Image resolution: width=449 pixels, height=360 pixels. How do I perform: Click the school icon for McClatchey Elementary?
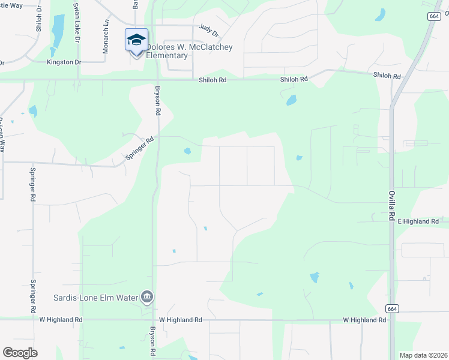(136, 40)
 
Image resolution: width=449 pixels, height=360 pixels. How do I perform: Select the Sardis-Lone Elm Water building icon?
(146, 296)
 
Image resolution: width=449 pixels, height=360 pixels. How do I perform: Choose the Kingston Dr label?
(64, 62)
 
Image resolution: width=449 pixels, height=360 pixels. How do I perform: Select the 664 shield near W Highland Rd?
(391, 308)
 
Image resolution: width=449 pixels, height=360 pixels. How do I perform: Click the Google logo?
(20, 353)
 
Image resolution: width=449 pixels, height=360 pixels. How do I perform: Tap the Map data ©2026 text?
(423, 355)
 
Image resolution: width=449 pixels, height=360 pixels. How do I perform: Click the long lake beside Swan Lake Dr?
(58, 30)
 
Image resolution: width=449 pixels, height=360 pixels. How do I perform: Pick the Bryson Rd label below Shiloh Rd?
(158, 100)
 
